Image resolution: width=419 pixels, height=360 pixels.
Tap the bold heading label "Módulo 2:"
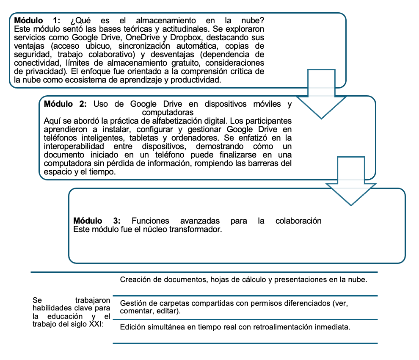point(66,104)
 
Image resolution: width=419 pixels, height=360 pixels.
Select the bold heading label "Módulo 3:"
point(97,221)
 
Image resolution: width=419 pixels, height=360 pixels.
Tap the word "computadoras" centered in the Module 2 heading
point(168,112)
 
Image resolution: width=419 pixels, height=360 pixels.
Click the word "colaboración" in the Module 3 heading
point(298,221)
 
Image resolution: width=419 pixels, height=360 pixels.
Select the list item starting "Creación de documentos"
point(243,280)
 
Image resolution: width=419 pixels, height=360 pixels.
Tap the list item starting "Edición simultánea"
point(235,327)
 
